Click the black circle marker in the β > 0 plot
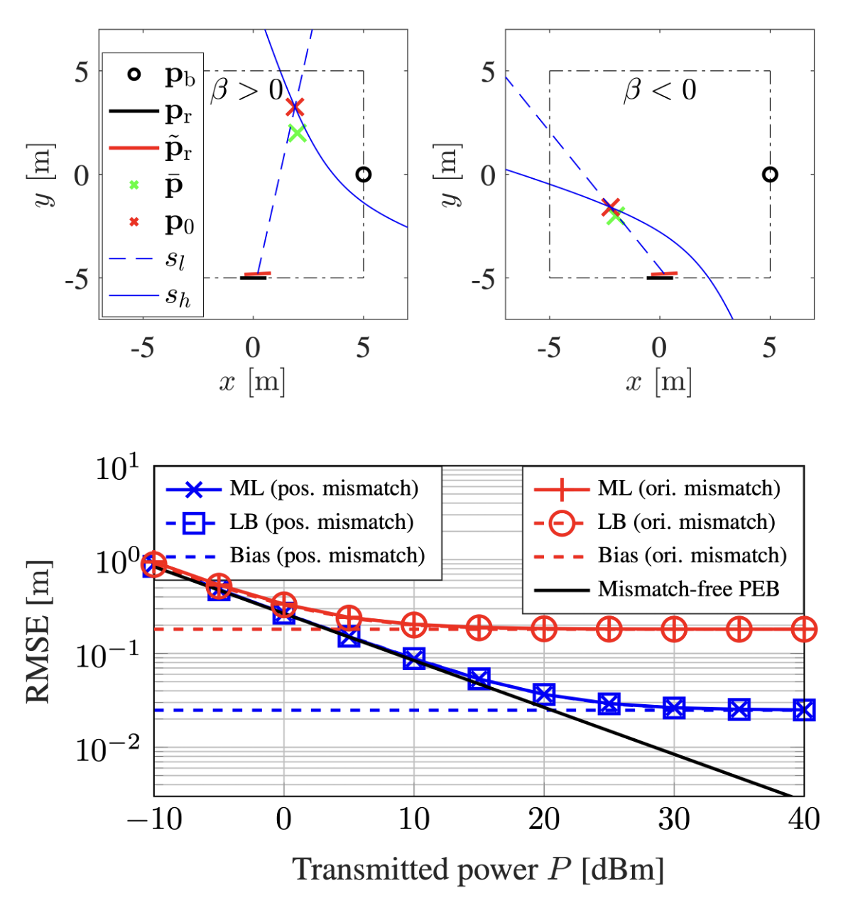coord(364,174)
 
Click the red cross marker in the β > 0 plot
coord(295,108)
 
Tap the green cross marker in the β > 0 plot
coord(297,133)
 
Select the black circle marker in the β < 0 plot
coord(770,174)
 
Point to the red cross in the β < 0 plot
coord(611,207)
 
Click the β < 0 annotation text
coord(660,91)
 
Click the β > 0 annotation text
coord(247,91)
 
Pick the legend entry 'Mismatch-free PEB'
coord(688,588)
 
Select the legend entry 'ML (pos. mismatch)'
coord(324,488)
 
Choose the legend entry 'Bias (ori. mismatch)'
coord(692,555)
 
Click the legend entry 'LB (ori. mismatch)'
coord(686,522)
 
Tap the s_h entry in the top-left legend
coord(178,296)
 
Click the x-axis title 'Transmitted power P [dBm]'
coord(478,870)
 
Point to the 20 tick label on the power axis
coord(543,820)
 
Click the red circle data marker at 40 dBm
coord(804,629)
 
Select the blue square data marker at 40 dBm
coord(804,709)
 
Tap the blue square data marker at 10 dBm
coord(414,659)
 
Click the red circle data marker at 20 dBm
coord(544,629)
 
